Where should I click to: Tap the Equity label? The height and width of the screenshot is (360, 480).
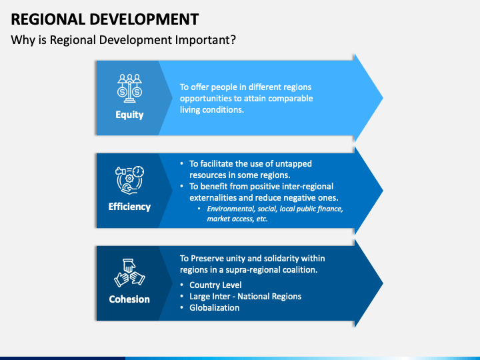pyautogui.click(x=129, y=115)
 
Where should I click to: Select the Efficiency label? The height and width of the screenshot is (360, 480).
pyautogui.click(x=129, y=207)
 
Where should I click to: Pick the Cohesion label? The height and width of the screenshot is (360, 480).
pyautogui.click(x=129, y=299)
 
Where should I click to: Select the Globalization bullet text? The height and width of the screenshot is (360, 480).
pyautogui.click(x=214, y=308)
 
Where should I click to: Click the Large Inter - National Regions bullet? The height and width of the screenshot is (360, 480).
pyautogui.click(x=245, y=297)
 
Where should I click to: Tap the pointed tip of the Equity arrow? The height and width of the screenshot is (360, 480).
pyautogui.click(x=382, y=98)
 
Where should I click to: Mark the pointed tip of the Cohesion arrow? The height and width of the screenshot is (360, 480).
pyautogui.click(x=382, y=283)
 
